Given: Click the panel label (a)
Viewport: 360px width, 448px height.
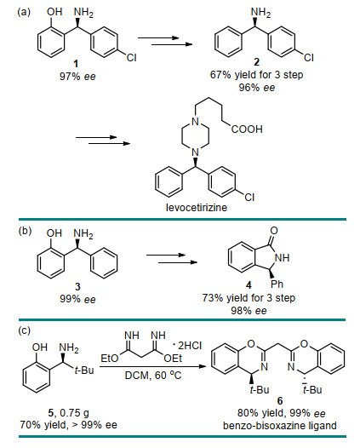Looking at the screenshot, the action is pos(24,12).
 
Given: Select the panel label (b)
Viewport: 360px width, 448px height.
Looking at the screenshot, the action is pos(25,231).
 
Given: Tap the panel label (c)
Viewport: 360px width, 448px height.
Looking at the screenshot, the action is pos(24,330).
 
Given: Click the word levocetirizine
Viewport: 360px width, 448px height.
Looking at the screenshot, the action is pos(197,208).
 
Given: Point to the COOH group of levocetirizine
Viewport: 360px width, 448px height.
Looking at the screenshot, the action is pos(247,129).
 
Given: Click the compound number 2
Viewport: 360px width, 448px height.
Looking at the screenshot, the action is pos(257,61).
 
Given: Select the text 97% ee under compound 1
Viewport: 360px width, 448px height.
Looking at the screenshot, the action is pos(77,77).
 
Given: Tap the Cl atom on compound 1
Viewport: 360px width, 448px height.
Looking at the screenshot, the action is pos(132,58).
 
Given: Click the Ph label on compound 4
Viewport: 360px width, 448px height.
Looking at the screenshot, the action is pos(277,284).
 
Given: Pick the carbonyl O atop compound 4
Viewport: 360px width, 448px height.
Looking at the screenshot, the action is pos(274,230).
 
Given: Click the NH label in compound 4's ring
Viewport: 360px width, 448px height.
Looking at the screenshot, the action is pos(282,258).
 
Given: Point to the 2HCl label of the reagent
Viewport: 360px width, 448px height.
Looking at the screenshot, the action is pos(189,346).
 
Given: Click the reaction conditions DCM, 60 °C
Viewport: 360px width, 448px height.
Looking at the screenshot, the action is pos(153,375).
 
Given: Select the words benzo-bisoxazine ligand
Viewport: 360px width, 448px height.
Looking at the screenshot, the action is pos(280,426).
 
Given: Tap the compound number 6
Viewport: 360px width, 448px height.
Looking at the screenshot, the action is pos(280,401).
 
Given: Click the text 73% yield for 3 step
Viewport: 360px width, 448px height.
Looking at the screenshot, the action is pos(249,298).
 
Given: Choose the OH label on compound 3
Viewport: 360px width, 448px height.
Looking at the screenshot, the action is pos(54,233).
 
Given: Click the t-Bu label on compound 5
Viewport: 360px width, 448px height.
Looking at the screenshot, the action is pos(84,370).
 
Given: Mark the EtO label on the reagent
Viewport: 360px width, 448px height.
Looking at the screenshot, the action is pos(110,359).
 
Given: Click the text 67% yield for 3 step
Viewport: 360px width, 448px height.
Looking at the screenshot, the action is pos(257,75).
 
